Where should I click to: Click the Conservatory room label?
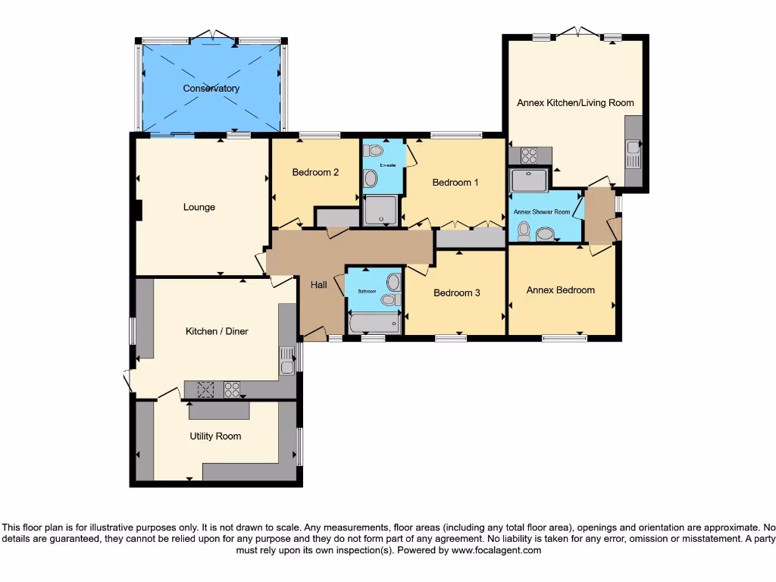pyautogui.click(x=211, y=89)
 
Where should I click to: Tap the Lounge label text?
pyautogui.click(x=199, y=207)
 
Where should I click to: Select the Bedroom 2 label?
pyautogui.click(x=315, y=172)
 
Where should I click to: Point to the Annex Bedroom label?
pyautogui.click(x=561, y=289)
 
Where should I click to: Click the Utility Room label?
pyautogui.click(x=215, y=436)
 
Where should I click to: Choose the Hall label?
pyautogui.click(x=319, y=285)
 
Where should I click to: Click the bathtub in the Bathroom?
pyautogui.click(x=374, y=325)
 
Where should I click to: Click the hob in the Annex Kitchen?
pyautogui.click(x=529, y=156)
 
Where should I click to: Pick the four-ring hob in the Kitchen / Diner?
pyautogui.click(x=232, y=390)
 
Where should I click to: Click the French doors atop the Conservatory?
pyautogui.click(x=212, y=36)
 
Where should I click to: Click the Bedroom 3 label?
pyautogui.click(x=456, y=293)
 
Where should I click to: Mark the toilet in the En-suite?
pyautogui.click(x=371, y=179)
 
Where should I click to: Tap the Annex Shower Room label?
pyautogui.click(x=542, y=212)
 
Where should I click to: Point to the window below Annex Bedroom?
pyautogui.click(x=565, y=338)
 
